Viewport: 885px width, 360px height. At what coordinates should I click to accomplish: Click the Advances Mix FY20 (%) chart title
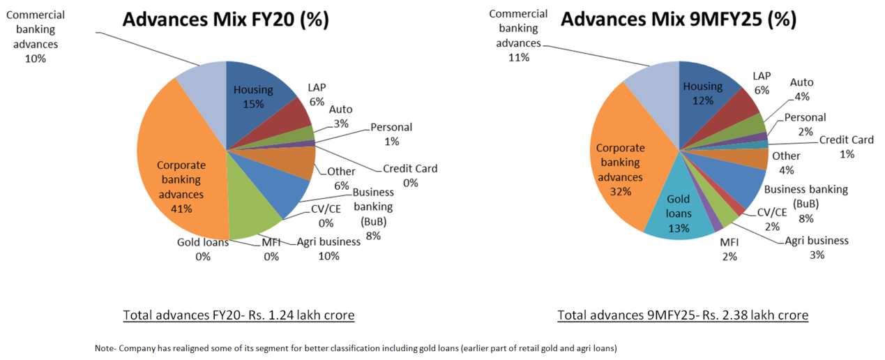(x=225, y=20)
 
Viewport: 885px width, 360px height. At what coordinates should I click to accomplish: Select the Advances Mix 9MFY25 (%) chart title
(x=678, y=20)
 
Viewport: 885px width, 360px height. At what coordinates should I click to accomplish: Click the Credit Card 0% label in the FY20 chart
(x=410, y=175)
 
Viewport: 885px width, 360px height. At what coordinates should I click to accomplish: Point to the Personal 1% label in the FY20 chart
(x=391, y=134)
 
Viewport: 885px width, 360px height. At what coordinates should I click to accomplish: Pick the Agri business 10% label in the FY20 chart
(x=328, y=248)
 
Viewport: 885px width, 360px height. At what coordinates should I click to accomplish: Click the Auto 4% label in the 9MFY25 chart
(x=801, y=89)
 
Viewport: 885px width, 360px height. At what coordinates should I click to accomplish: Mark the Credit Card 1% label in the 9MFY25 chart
(x=847, y=147)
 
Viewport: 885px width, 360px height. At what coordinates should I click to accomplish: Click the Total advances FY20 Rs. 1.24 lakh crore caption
(x=239, y=315)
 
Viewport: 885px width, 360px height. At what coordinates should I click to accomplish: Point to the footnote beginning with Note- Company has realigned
(x=356, y=347)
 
